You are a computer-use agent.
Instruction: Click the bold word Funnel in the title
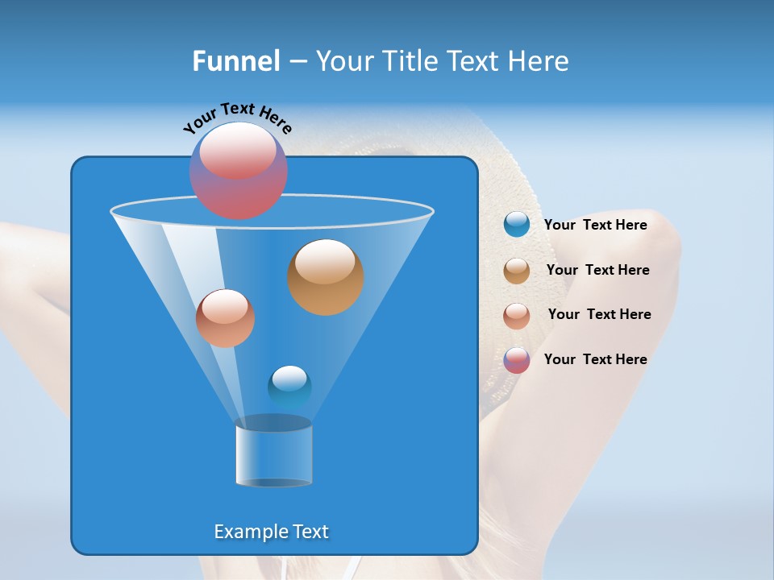(x=235, y=61)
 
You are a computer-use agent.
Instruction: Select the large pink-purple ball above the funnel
(x=239, y=171)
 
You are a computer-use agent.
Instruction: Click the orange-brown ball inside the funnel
(x=326, y=277)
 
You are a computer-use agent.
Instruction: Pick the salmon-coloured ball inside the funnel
(x=225, y=318)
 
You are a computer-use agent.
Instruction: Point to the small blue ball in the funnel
(x=289, y=386)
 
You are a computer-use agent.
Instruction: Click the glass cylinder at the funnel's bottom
(x=273, y=454)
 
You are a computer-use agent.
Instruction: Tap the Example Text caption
(x=272, y=532)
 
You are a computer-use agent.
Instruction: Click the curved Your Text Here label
(x=237, y=118)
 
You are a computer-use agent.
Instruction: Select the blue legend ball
(x=517, y=225)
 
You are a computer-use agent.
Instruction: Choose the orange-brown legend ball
(x=517, y=271)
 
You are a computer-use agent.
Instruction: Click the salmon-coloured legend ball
(x=517, y=316)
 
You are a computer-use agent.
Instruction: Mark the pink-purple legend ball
(x=517, y=360)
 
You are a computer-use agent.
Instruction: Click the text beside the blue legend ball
(x=595, y=226)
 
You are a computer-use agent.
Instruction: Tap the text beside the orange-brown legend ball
(x=597, y=271)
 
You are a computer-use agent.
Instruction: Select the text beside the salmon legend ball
(x=599, y=315)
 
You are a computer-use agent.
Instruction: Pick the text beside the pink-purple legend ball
(x=595, y=360)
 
